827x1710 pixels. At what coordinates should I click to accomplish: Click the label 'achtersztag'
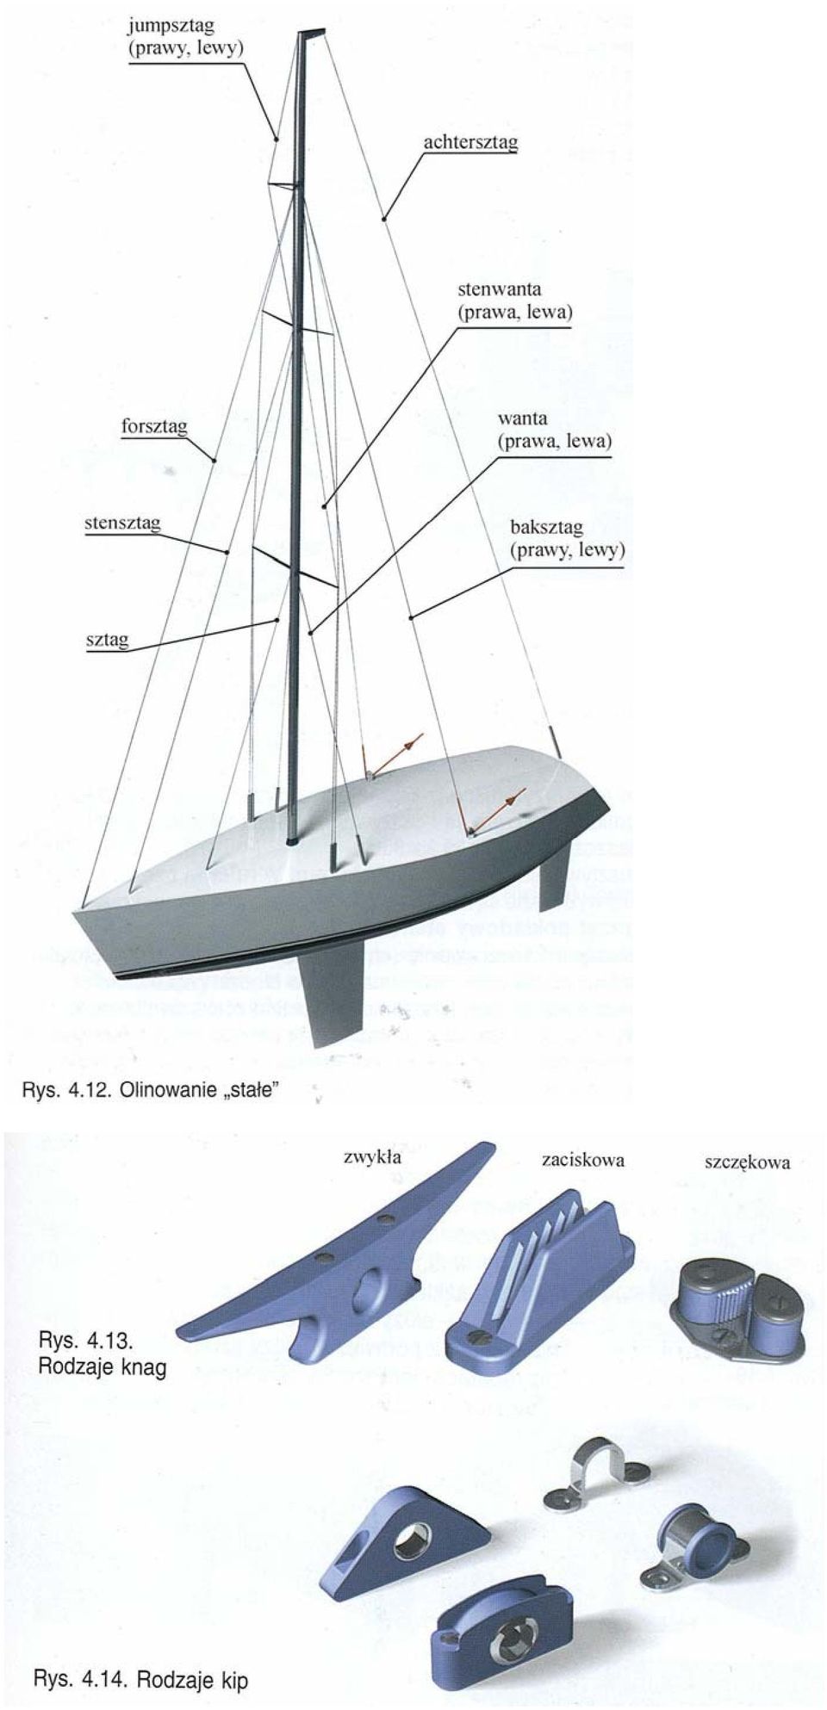coord(469,142)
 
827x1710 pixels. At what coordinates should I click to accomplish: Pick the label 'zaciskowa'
coord(583,1160)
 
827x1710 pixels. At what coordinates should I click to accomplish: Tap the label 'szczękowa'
coord(747,1162)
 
